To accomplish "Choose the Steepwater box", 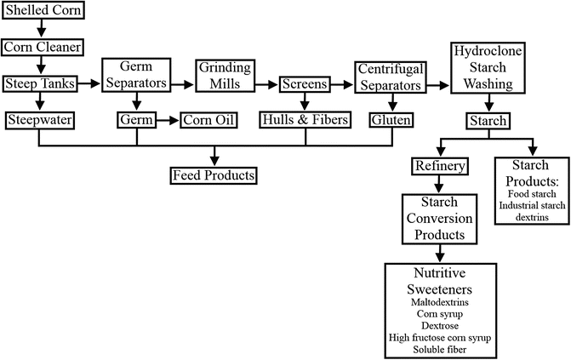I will pyautogui.click(x=39, y=120).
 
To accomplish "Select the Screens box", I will pyautogui.click(x=305, y=84).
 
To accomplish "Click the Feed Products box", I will pyautogui.click(x=212, y=174).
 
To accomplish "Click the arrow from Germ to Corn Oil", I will pyautogui.click(x=167, y=120).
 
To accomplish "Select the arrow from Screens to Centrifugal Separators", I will pyautogui.click(x=340, y=84).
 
